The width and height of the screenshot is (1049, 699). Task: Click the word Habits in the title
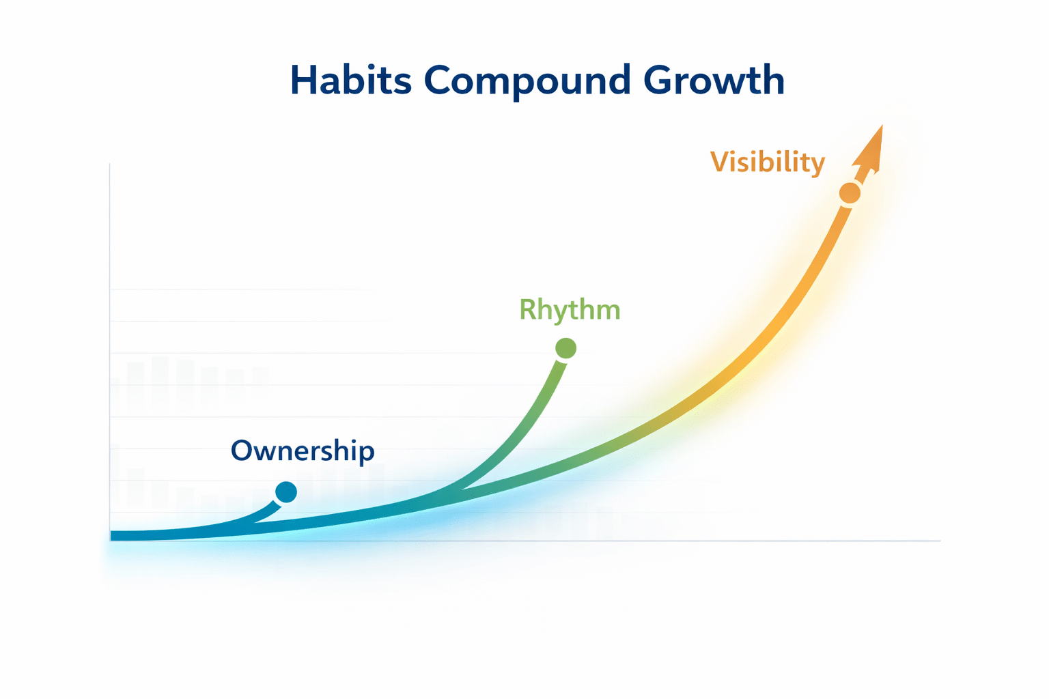point(351,80)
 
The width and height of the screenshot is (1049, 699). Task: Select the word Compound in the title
point(527,83)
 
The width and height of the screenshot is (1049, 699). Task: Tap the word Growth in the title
point(714,80)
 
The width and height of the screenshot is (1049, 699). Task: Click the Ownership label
point(303,451)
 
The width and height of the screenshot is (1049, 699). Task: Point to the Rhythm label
point(570,310)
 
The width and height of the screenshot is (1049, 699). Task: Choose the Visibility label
point(768,163)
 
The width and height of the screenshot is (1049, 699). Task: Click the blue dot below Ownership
point(286,492)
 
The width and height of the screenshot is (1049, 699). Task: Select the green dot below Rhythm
point(565,348)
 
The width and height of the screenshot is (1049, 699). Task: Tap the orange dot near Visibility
point(850,193)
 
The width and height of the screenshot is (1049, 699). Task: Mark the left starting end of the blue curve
point(111,536)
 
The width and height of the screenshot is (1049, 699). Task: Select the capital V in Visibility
point(723,162)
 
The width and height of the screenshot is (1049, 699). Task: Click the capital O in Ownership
point(243,451)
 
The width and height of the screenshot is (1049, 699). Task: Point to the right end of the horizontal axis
point(940,541)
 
